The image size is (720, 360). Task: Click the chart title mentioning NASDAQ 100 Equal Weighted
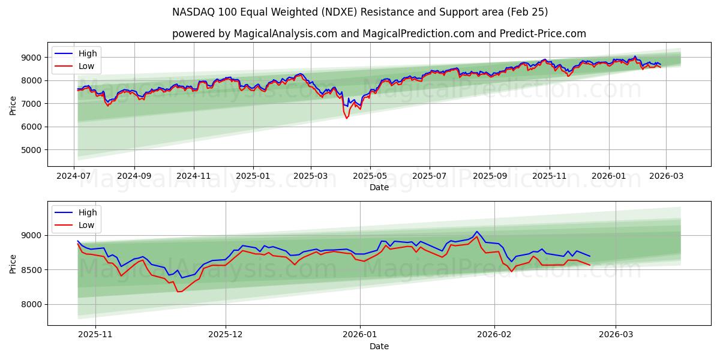tap(360, 12)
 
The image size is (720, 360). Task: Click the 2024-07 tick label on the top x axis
tap(74, 176)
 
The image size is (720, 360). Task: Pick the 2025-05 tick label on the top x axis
tap(370, 176)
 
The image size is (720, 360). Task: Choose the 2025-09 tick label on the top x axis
tap(490, 176)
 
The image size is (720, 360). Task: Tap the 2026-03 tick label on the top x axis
tap(666, 176)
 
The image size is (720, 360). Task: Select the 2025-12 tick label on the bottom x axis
tap(226, 335)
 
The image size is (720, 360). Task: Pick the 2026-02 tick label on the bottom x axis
tap(495, 335)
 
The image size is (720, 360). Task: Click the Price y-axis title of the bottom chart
tap(13, 263)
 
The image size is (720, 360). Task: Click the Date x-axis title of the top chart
tap(379, 187)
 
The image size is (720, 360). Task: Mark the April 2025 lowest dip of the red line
tap(346, 118)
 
